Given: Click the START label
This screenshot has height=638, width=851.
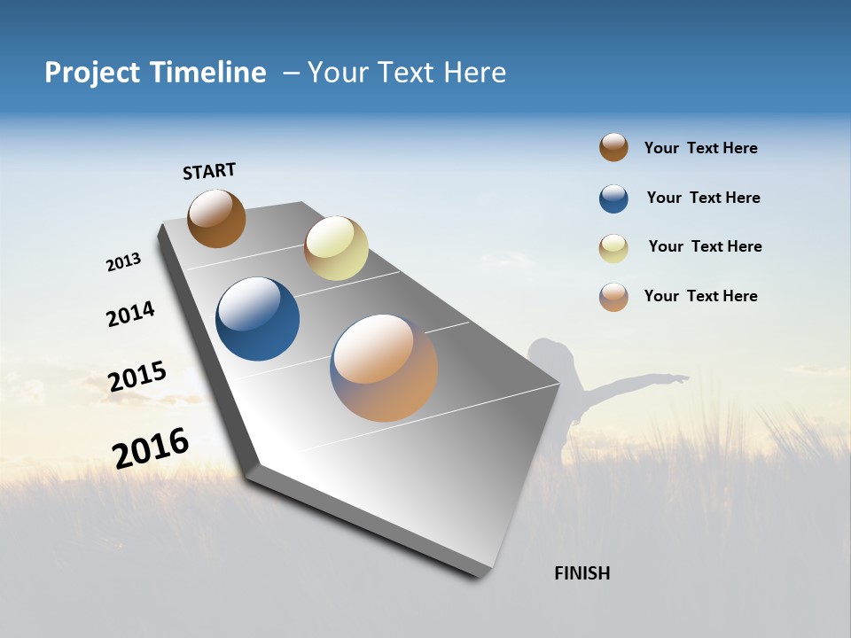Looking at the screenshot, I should pyautogui.click(x=209, y=171).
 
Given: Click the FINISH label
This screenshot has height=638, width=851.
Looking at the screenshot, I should pyautogui.click(x=582, y=573).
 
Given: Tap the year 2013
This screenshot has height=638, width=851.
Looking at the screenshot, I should pyautogui.click(x=123, y=262).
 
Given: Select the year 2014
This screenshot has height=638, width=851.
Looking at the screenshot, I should pyautogui.click(x=130, y=314).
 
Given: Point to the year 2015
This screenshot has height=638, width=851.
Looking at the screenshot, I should pyautogui.click(x=137, y=376).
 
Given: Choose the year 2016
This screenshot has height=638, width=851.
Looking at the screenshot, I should pyautogui.click(x=151, y=448).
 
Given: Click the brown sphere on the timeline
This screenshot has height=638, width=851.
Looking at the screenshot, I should pyautogui.click(x=216, y=218).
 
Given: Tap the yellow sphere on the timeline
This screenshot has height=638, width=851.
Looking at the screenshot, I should pyautogui.click(x=336, y=248).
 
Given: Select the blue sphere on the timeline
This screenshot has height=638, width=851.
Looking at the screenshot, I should pyautogui.click(x=257, y=319).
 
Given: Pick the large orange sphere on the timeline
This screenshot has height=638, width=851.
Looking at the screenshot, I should pyautogui.click(x=384, y=368).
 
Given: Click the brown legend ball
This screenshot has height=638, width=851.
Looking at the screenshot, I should pyautogui.click(x=613, y=147).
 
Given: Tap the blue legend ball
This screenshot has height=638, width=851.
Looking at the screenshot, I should pyautogui.click(x=613, y=198).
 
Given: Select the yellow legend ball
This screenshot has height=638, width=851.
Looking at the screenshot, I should pyautogui.click(x=613, y=248).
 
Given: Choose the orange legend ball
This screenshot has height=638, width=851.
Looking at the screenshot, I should pyautogui.click(x=613, y=297).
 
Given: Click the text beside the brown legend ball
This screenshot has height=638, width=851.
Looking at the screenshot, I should pyautogui.click(x=700, y=148).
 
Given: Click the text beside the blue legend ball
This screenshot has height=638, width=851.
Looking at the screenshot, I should pyautogui.click(x=703, y=198).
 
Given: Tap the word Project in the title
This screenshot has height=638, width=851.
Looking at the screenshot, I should pyautogui.click(x=93, y=73).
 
